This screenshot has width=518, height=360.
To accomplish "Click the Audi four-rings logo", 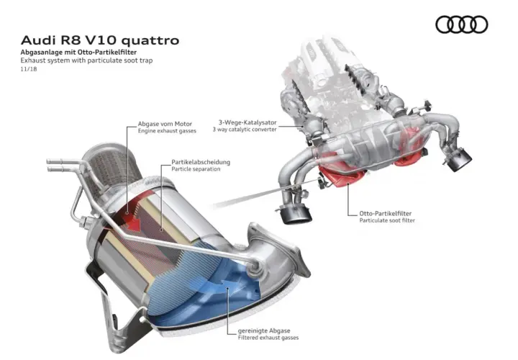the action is click(461, 24).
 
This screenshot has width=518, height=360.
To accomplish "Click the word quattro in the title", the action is click(150, 40).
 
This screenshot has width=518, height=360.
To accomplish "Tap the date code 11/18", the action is click(29, 69).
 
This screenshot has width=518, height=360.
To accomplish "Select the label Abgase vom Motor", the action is click(165, 124).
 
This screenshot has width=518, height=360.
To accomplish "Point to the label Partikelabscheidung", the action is click(201, 162).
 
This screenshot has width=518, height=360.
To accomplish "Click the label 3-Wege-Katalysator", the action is click(247, 122).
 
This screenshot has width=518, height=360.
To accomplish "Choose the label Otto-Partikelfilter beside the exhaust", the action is click(386, 214).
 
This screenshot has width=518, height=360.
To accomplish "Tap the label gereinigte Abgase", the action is click(264, 330).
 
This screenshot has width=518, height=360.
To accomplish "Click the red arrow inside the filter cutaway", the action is click(132, 219).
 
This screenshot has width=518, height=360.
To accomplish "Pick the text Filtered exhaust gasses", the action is click(268, 338).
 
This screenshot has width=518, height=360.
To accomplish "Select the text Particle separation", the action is click(196, 169).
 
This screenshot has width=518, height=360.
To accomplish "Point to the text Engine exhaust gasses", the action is click(167, 131).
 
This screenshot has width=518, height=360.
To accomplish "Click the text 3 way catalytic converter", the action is click(245, 130).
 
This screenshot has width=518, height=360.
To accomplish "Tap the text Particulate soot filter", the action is click(387, 220).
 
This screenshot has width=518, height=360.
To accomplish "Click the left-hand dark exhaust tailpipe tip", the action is click(295, 214).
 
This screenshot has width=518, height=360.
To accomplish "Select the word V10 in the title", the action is click(101, 40).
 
